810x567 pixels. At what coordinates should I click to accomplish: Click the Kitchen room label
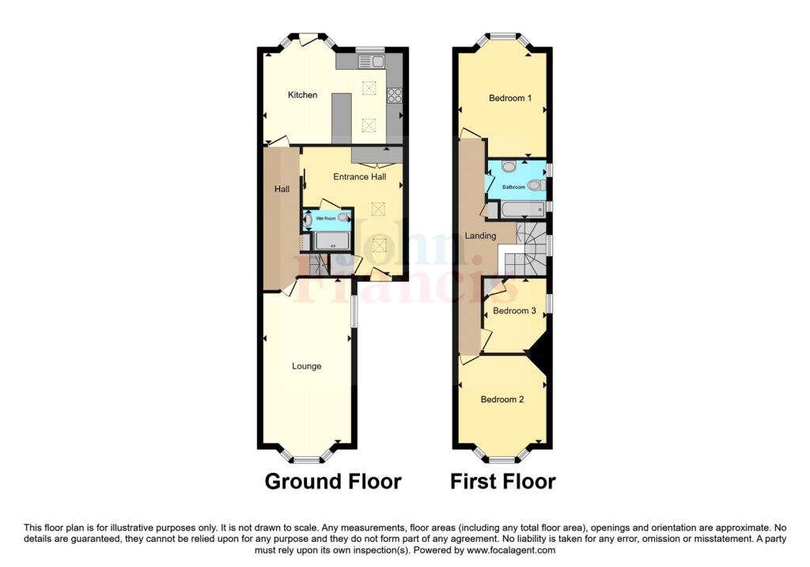(x=302, y=95)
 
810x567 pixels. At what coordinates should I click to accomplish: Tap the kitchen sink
(x=369, y=61)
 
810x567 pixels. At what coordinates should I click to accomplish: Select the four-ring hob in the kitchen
(x=394, y=96)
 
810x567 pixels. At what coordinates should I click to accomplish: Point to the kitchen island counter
(x=341, y=118)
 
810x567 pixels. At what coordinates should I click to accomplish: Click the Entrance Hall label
(x=359, y=176)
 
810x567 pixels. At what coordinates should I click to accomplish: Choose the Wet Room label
(x=325, y=217)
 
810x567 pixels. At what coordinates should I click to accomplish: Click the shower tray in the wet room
(x=332, y=241)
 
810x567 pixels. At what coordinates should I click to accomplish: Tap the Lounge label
(x=306, y=366)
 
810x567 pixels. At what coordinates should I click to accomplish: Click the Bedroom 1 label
(x=510, y=98)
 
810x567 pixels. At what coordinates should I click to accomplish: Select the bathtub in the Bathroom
(x=518, y=210)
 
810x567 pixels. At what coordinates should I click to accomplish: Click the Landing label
(x=480, y=236)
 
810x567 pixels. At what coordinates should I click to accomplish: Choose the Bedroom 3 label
(x=514, y=311)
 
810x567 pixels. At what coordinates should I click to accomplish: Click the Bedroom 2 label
(x=502, y=399)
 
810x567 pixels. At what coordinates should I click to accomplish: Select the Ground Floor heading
(x=332, y=481)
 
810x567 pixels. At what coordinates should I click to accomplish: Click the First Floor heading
(x=503, y=481)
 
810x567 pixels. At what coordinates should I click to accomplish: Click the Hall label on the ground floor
(x=282, y=189)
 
